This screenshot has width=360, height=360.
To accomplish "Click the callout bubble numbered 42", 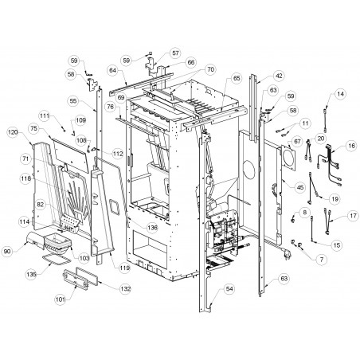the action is click(279, 76).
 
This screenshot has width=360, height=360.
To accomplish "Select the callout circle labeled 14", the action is click(340, 94).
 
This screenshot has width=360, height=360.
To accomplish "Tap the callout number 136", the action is click(152, 227).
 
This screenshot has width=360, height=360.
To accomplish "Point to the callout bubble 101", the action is click(61, 299).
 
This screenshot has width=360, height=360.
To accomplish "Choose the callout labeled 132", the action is click(125, 288).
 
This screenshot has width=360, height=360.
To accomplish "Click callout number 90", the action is click(7, 251).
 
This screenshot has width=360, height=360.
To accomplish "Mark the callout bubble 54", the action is click(229, 288).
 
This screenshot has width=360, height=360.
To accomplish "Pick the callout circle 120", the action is click(13, 132).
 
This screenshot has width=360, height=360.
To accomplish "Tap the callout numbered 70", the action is click(210, 69).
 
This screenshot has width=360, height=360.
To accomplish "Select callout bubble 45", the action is click(300, 187).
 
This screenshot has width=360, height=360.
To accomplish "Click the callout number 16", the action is click(351, 146).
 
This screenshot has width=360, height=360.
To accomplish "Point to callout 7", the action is click(322, 259).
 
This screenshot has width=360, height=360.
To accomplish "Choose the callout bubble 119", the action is click(124, 268).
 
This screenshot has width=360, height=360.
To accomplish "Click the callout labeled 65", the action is click(237, 78).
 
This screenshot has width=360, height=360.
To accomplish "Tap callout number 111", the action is click(45, 115).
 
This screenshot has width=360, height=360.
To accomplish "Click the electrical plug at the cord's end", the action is click(285, 255).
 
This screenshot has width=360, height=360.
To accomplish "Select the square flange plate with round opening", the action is click(288, 158).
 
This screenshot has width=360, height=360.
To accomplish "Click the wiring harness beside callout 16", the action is click(329, 165).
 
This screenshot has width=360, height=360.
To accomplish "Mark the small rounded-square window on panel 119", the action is click(115, 207).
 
